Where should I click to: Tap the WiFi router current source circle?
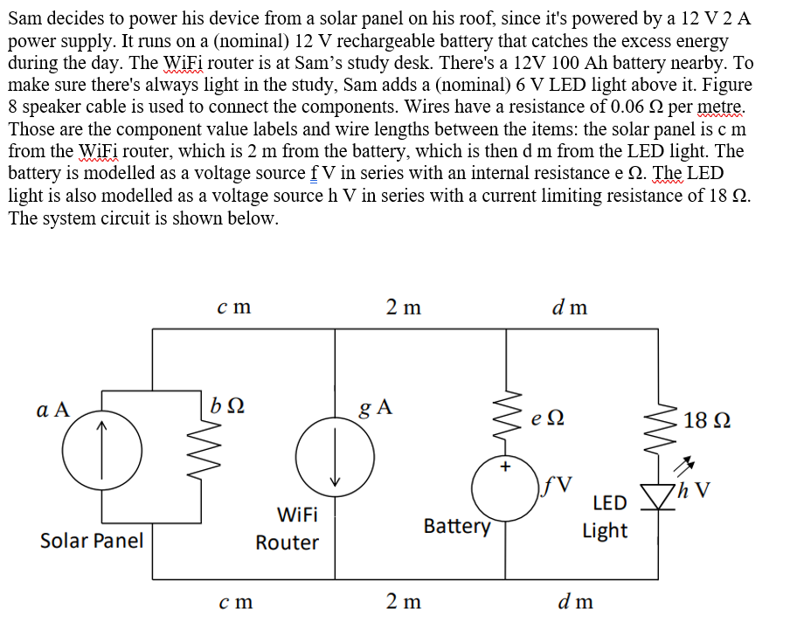pyautogui.click(x=332, y=453)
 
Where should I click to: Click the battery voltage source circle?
pyautogui.click(x=505, y=489)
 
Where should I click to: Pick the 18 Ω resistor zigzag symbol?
pyautogui.click(x=658, y=419)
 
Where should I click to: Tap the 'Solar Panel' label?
pyautogui.click(x=92, y=540)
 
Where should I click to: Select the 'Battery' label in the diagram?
pyautogui.click(x=457, y=526)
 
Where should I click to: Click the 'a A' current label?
pyautogui.click(x=53, y=411)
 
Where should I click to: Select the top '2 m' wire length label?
pyautogui.click(x=403, y=307)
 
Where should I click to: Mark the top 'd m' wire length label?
pyautogui.click(x=570, y=307)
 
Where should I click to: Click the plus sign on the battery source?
pyautogui.click(x=504, y=466)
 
